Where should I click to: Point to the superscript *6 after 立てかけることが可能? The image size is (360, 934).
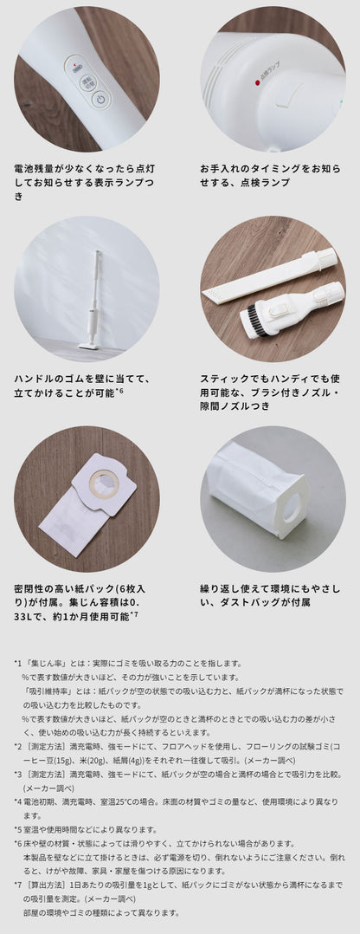coord(119,392)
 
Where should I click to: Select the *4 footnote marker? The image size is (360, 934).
coord(18,801)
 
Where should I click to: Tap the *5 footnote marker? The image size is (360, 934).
coord(18,829)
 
